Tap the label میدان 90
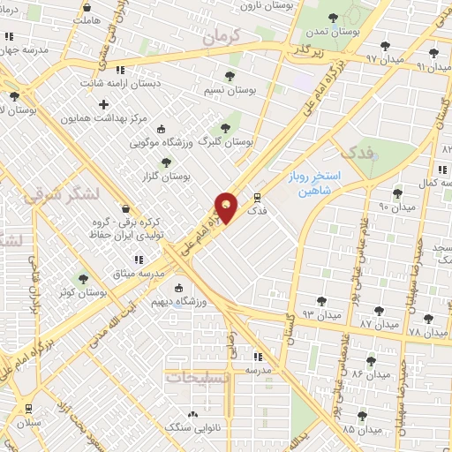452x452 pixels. [372, 207]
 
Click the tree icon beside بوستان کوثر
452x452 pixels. [83, 279]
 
